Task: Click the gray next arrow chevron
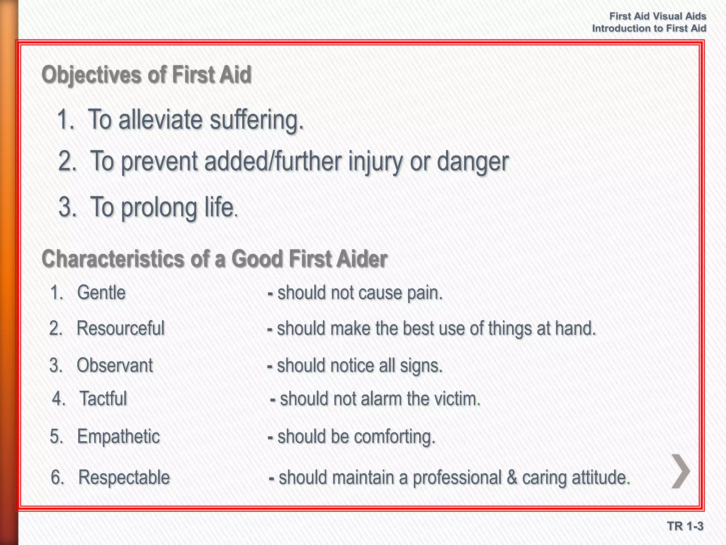pos(681,471)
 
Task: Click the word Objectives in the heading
pos(91,75)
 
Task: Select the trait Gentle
pos(101,293)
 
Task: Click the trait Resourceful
pos(121,328)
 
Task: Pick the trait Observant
pos(115,365)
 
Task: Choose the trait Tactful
pos(103,398)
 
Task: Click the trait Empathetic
pos(118,436)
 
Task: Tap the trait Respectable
pos(124,477)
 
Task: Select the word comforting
pos(395,436)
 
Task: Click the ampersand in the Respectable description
pos(512,477)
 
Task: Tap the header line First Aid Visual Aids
pos(658,16)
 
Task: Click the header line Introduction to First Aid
pos(649,28)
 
